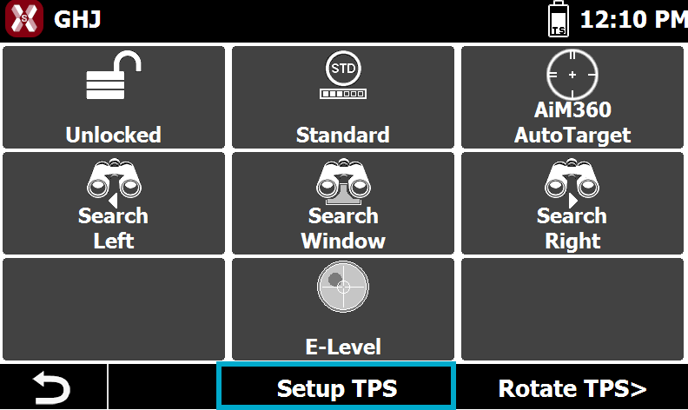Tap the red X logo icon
(24, 18)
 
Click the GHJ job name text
(77, 20)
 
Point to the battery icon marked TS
(559, 19)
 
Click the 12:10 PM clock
(633, 20)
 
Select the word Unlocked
(114, 135)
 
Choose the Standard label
(342, 135)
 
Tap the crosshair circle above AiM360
(572, 75)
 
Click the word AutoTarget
(572, 136)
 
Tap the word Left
(114, 241)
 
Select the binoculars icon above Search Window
(343, 181)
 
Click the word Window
(343, 241)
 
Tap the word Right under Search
(572, 241)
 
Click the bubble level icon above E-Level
(343, 287)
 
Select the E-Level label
(343, 347)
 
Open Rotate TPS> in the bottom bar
(572, 388)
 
